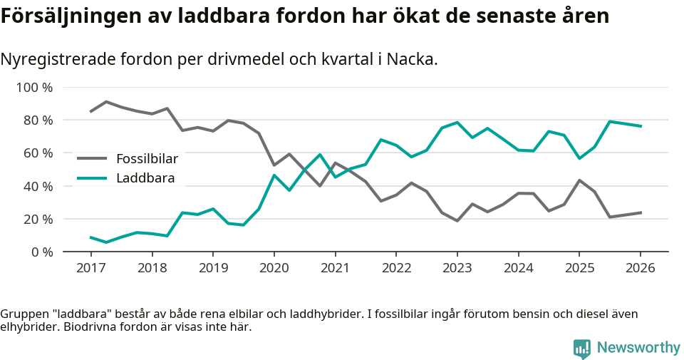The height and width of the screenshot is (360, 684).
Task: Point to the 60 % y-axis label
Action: [37, 153]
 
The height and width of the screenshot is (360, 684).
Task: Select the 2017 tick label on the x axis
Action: [90, 267]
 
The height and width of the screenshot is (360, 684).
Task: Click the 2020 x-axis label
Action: [274, 267]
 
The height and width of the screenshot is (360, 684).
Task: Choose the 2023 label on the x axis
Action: [457, 267]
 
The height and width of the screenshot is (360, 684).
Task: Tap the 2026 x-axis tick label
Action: [640, 267]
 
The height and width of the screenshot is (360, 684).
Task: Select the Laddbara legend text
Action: [145, 178]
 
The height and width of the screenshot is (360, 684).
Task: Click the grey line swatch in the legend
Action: [92, 159]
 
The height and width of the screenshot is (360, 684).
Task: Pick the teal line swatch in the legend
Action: [92, 178]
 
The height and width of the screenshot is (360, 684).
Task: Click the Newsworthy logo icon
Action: [582, 348]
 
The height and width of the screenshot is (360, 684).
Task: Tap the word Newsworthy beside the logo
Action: [638, 348]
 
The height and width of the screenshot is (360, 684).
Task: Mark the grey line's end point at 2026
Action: [641, 212]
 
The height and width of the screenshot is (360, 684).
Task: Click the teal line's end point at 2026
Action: [641, 126]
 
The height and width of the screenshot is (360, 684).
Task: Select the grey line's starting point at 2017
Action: [90, 111]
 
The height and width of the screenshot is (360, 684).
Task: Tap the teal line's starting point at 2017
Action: [90, 237]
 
